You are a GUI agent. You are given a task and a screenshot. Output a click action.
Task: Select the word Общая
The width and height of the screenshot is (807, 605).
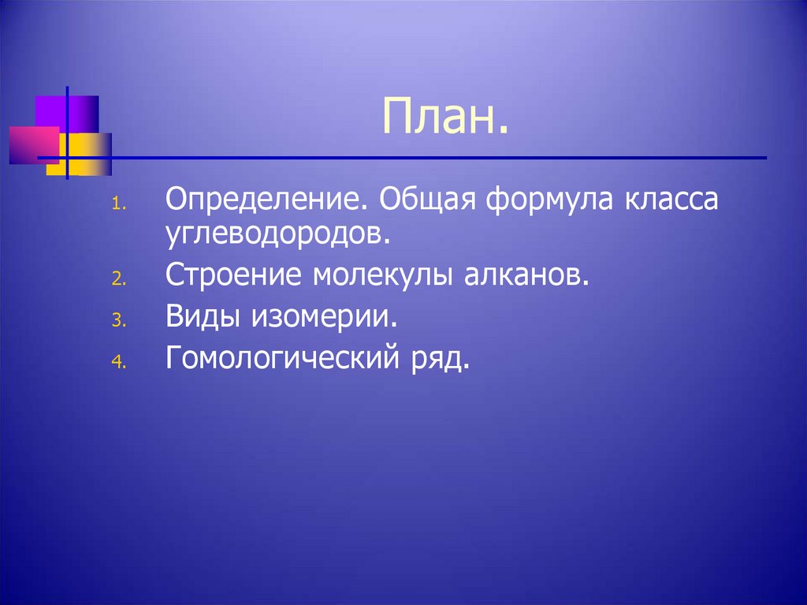(426, 200)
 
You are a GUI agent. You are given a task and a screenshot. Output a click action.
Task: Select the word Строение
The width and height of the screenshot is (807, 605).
(235, 277)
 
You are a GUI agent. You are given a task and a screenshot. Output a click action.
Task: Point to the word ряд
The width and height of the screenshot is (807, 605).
(437, 360)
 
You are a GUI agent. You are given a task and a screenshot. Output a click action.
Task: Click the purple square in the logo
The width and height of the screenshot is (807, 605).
(84, 110)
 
